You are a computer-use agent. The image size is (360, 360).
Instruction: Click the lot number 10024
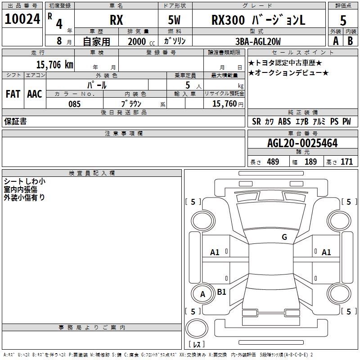22,20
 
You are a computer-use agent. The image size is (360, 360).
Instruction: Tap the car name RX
116,20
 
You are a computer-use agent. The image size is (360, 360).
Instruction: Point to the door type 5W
175,20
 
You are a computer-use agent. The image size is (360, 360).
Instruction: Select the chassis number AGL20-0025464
302,144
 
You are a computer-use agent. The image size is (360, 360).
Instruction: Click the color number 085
75,104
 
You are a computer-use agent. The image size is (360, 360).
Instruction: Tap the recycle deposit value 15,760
224,104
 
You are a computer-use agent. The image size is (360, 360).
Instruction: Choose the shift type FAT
13,94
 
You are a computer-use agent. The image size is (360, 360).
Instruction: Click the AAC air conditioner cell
34,94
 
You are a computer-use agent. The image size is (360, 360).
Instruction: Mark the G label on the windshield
284,237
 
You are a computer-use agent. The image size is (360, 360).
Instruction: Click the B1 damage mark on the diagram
221,292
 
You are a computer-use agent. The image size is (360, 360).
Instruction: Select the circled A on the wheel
202,295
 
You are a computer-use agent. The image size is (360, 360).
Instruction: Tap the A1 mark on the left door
215,252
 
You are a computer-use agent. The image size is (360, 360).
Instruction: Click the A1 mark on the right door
326,252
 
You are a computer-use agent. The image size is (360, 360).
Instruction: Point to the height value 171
346,162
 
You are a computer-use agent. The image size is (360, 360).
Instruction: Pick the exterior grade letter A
335,41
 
